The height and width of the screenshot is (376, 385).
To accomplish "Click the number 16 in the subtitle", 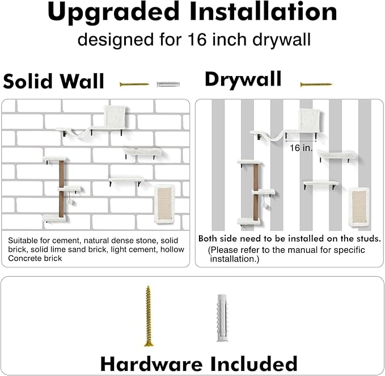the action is point(197,40).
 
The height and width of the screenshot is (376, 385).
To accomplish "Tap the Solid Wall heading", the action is point(54,81).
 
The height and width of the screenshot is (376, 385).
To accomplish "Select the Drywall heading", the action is point(243,80).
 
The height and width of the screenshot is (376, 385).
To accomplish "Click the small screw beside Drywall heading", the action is point(316,85).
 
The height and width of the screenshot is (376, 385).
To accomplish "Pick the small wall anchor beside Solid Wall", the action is point(168,85).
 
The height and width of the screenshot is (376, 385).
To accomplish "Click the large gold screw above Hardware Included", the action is point(148,316).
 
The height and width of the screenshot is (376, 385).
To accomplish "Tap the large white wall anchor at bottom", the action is point(222,318).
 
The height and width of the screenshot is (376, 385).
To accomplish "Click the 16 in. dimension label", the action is point(301,148).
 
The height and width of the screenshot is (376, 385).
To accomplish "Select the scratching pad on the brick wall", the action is point(164,204).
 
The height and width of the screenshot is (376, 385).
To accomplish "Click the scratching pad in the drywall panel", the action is point(359,208).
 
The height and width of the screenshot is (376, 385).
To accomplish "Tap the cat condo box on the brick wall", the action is point(116,117).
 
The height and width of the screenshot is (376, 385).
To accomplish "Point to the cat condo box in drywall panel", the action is point(310,121).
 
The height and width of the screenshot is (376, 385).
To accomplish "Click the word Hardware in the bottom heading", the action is point(151,364).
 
